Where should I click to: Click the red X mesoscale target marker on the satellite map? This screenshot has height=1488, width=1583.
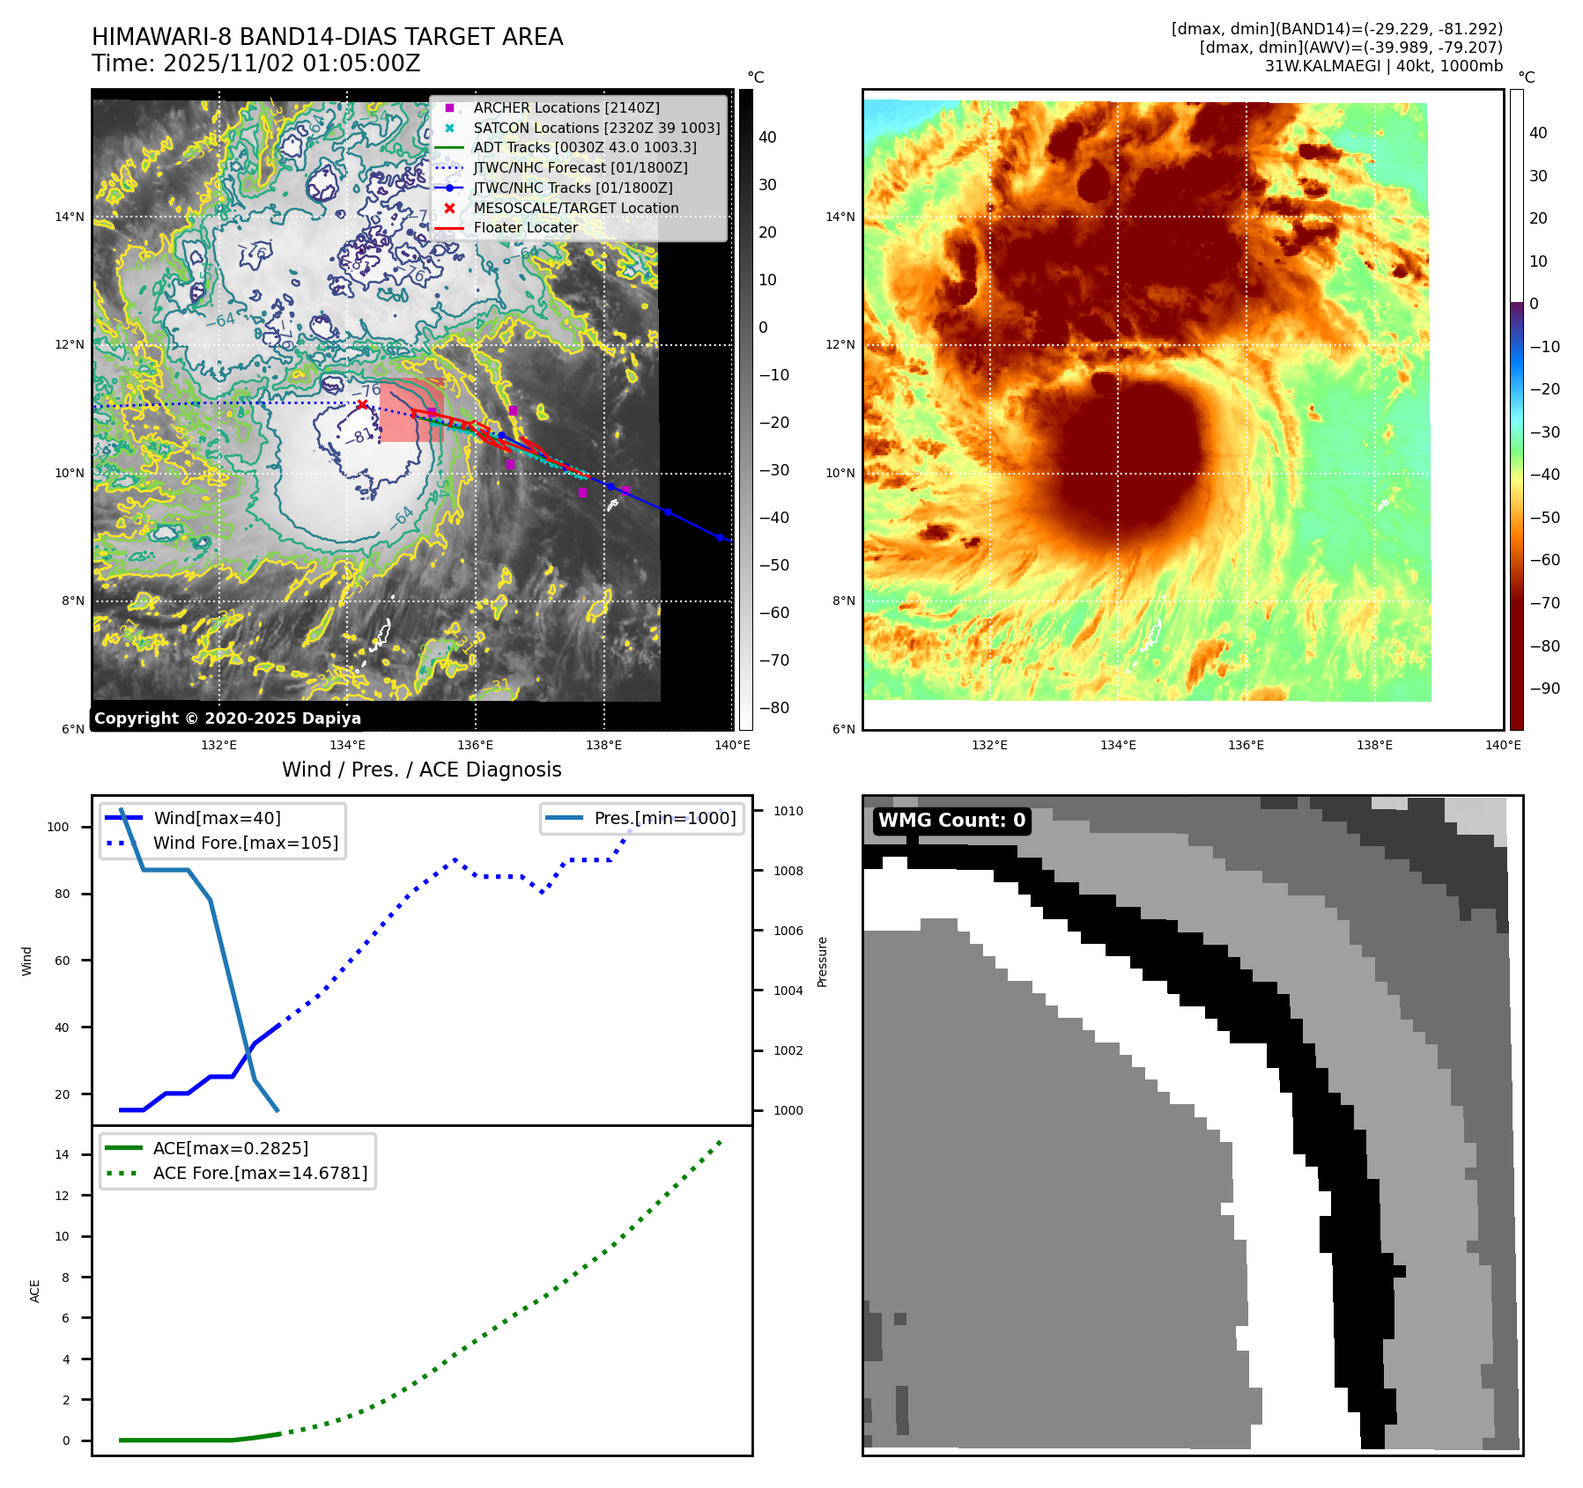362,404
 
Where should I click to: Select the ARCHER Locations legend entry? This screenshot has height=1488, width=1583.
566,107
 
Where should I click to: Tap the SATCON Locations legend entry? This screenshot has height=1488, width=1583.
596,128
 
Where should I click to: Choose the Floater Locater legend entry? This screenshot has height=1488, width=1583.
525,227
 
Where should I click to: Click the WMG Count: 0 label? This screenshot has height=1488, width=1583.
951,821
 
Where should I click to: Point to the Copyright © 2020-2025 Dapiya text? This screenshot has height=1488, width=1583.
227,718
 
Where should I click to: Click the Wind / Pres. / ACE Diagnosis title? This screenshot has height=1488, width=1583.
421,770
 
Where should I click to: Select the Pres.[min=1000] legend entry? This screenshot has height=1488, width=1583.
664,818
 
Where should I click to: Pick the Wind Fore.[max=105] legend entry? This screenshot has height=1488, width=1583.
245,843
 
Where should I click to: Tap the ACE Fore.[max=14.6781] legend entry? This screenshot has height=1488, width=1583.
260,1173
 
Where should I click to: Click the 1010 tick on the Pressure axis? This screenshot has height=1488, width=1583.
788,811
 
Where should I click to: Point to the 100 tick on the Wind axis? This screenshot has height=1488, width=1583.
58,827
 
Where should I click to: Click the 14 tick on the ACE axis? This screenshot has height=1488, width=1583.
62,1154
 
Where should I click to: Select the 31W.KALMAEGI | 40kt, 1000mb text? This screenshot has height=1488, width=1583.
1383,66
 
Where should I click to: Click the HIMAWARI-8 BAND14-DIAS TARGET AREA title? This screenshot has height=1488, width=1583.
327,37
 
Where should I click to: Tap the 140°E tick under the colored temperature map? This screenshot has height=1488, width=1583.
1503,745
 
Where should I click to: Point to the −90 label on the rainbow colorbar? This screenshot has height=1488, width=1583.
1544,689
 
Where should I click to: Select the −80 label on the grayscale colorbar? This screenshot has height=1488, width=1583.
774,708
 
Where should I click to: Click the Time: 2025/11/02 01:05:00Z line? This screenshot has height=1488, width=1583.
255,63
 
